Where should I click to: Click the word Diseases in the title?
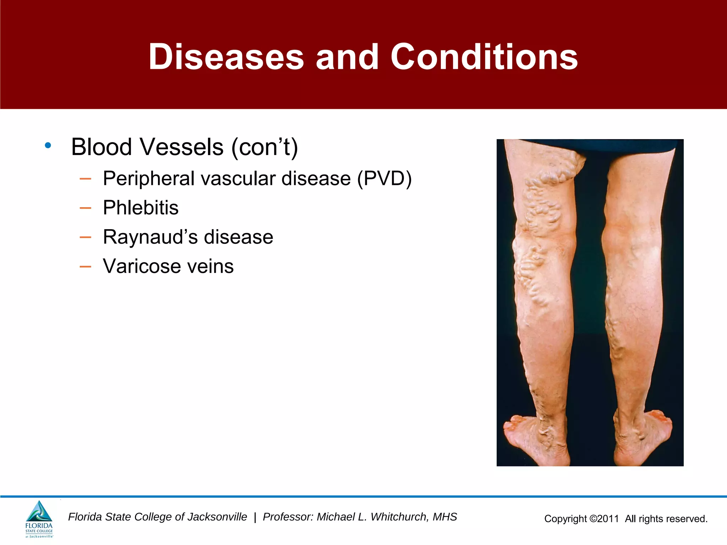click(226, 57)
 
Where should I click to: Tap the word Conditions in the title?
click(484, 57)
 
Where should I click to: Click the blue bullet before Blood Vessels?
click(48, 145)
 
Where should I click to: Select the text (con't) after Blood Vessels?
click(264, 147)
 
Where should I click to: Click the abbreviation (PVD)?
click(384, 178)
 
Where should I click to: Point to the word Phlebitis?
click(141, 208)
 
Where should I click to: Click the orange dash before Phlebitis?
click(85, 208)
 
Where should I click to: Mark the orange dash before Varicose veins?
click(85, 266)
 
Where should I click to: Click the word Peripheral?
click(149, 178)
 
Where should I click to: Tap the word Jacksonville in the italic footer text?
click(217, 517)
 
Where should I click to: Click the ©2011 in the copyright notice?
click(604, 519)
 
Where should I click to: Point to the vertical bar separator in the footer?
click(255, 517)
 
